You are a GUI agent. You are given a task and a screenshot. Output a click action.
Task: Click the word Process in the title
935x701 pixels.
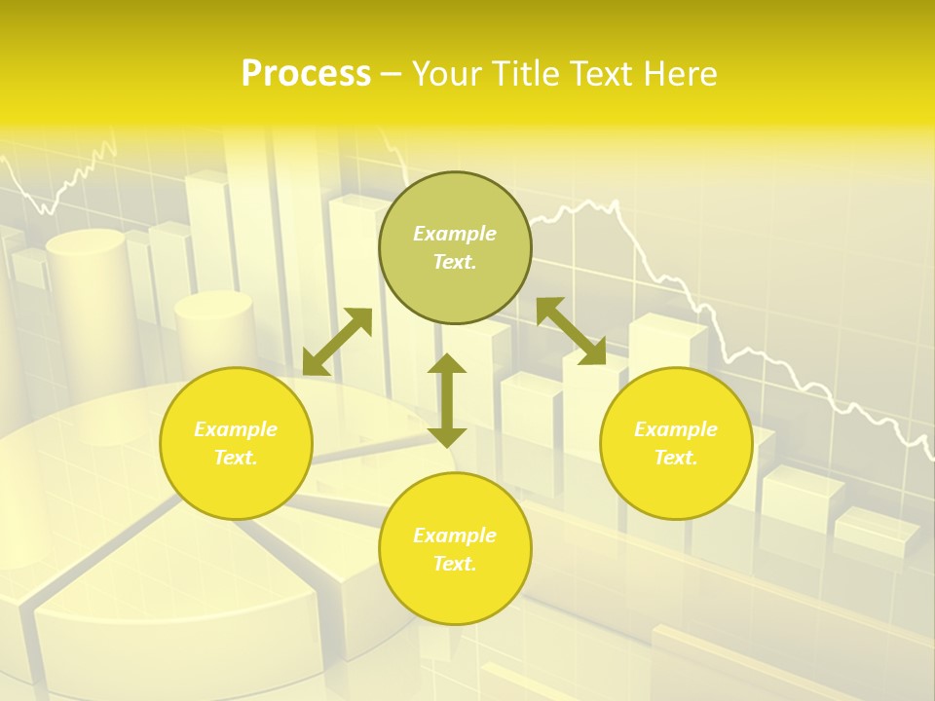306,74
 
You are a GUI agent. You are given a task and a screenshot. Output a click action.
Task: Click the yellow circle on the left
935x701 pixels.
236,477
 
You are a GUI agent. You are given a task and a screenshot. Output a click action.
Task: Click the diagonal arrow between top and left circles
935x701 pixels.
337,342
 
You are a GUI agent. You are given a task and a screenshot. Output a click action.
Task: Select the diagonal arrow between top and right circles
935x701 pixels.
571,331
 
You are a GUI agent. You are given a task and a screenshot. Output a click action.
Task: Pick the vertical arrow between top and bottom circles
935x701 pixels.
447,400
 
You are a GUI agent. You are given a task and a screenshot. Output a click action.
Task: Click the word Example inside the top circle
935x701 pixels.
455,234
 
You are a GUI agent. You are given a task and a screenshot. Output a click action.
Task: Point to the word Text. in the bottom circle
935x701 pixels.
455,564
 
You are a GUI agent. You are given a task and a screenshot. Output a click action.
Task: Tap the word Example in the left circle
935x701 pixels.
236,429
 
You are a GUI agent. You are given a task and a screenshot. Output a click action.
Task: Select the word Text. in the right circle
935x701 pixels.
676,458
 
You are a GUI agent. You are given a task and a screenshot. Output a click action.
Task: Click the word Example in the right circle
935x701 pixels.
676,429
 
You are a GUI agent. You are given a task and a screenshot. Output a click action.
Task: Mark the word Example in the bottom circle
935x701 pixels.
455,535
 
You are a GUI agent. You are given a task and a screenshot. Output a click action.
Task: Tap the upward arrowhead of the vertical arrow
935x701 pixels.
447,365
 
